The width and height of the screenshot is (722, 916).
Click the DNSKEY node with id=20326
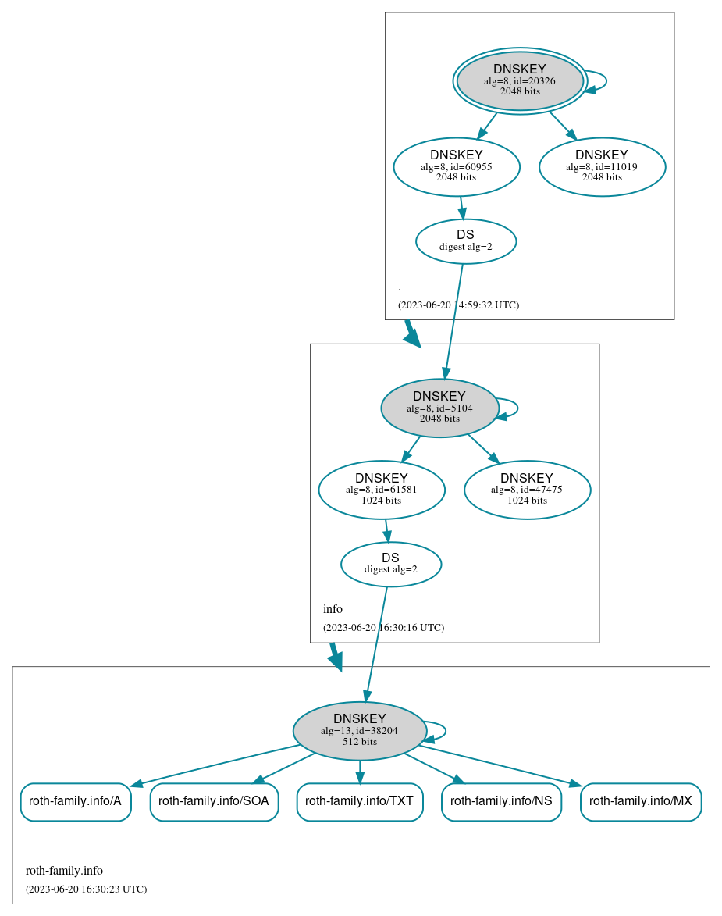click(520, 80)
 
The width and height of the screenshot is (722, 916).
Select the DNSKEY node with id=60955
click(457, 166)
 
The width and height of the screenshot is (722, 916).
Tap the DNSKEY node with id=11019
click(602, 166)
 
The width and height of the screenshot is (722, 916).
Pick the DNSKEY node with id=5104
click(439, 408)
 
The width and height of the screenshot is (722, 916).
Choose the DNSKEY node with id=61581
click(382, 490)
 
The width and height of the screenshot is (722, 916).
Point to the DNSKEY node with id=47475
click(527, 490)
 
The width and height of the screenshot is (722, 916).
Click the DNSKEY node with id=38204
click(360, 730)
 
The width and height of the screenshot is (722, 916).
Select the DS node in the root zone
click(466, 241)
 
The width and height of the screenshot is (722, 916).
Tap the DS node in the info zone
click(391, 564)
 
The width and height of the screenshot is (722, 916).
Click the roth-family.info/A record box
click(76, 801)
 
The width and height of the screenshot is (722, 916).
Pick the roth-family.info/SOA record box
click(214, 801)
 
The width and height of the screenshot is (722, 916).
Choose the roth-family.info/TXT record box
click(360, 801)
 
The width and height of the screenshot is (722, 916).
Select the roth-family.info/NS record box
click(501, 801)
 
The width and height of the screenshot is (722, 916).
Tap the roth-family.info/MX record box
click(641, 801)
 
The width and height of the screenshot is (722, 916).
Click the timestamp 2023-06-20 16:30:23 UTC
click(86, 889)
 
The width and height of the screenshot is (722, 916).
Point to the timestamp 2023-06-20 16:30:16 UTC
click(383, 627)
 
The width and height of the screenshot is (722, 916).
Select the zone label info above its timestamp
click(333, 609)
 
